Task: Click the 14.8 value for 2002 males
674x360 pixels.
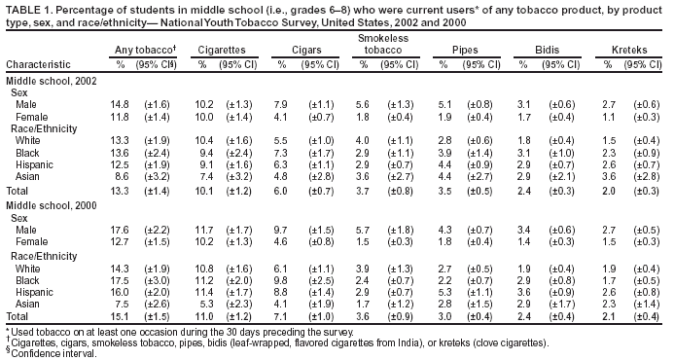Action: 121,104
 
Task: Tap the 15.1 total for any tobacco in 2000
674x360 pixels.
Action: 121,316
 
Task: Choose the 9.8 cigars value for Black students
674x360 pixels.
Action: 283,278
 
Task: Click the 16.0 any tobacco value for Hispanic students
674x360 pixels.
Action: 121,291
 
